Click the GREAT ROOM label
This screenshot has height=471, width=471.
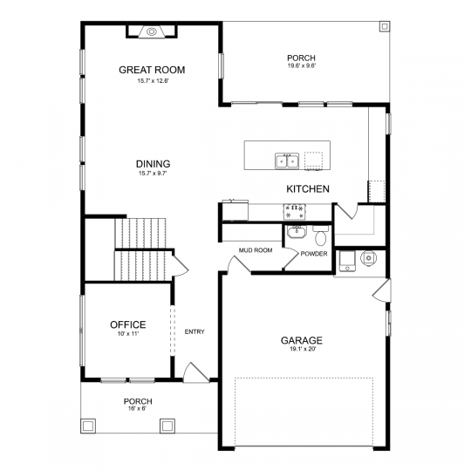152,70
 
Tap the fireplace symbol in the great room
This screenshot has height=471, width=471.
152,31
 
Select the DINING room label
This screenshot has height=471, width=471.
153,164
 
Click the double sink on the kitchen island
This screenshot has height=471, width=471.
287,161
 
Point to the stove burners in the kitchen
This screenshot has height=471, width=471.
295,211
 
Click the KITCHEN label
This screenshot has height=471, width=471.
308,189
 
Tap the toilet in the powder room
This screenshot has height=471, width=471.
321,235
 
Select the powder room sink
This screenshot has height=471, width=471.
297,232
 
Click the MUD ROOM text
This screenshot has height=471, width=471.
256,250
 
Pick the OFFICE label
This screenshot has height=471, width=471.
128,324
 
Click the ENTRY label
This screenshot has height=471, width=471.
195,332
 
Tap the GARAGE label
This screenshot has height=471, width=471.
302,341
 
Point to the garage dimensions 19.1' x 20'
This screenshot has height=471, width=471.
302,349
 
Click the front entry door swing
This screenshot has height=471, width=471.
196,372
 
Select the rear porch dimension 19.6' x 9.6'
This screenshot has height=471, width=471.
301,65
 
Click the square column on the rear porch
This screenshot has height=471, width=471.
385,26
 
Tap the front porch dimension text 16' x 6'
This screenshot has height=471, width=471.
138,408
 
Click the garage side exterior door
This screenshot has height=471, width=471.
382,290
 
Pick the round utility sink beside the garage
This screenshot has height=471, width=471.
369,258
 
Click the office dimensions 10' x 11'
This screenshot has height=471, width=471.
128,333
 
